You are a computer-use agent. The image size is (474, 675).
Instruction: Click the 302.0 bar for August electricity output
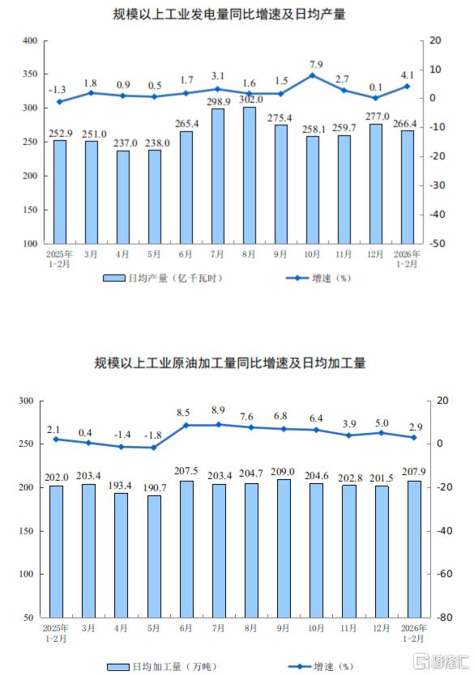click(x=249, y=175)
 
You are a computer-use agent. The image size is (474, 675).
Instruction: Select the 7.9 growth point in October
click(x=313, y=75)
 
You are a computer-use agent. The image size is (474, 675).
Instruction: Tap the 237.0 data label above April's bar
click(x=125, y=142)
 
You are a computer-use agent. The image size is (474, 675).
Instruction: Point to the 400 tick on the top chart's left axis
click(x=30, y=40)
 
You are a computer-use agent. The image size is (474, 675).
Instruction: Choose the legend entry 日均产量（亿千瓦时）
click(x=163, y=278)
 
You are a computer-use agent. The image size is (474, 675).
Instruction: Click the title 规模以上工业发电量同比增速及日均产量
click(x=229, y=15)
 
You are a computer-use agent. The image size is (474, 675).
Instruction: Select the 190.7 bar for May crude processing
click(x=154, y=556)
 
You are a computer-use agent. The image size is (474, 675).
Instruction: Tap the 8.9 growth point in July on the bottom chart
click(x=219, y=424)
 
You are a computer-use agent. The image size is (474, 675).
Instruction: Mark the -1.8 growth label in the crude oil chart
click(x=152, y=435)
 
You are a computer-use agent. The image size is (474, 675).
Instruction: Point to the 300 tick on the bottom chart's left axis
click(x=26, y=401)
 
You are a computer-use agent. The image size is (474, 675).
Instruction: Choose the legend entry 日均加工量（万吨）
click(x=161, y=667)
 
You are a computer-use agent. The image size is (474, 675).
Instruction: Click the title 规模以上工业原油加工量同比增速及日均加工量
click(x=230, y=363)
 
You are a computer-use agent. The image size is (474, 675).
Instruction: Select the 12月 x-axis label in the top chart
click(x=375, y=254)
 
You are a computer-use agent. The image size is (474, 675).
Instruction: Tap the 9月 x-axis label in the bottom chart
click(x=283, y=628)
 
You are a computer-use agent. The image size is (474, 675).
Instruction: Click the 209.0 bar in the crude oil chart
click(x=284, y=549)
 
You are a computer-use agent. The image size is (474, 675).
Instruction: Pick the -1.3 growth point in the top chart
click(x=60, y=102)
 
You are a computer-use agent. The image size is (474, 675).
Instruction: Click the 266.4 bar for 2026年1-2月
click(x=408, y=187)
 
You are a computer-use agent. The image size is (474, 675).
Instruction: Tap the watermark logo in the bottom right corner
click(x=441, y=661)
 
